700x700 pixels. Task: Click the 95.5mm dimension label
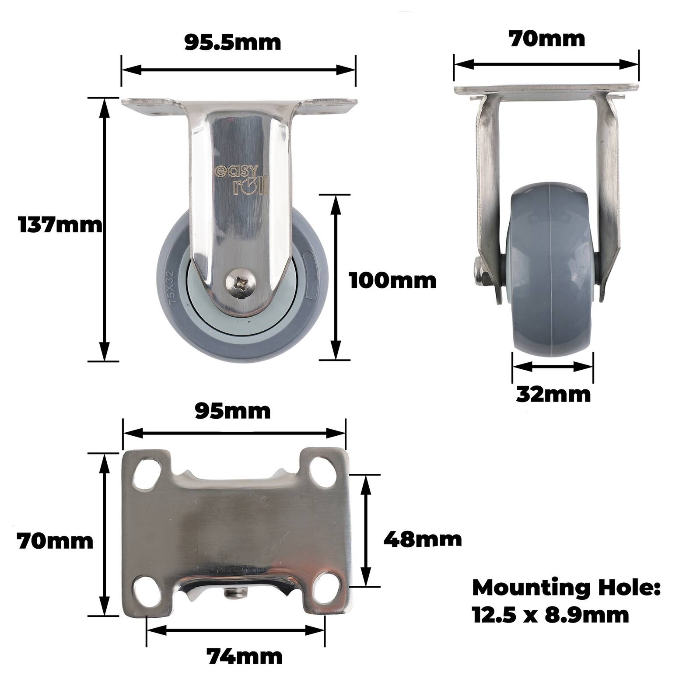pyautogui.click(x=232, y=43)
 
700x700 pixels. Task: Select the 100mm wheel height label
pyautogui.click(x=393, y=280)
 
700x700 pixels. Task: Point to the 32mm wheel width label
pyautogui.click(x=553, y=395)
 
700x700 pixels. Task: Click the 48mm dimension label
pyautogui.click(x=423, y=539)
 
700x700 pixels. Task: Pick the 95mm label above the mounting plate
pyautogui.click(x=233, y=411)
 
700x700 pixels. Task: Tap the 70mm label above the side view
pyautogui.click(x=547, y=39)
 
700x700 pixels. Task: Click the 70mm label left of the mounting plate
pyautogui.click(x=55, y=541)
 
